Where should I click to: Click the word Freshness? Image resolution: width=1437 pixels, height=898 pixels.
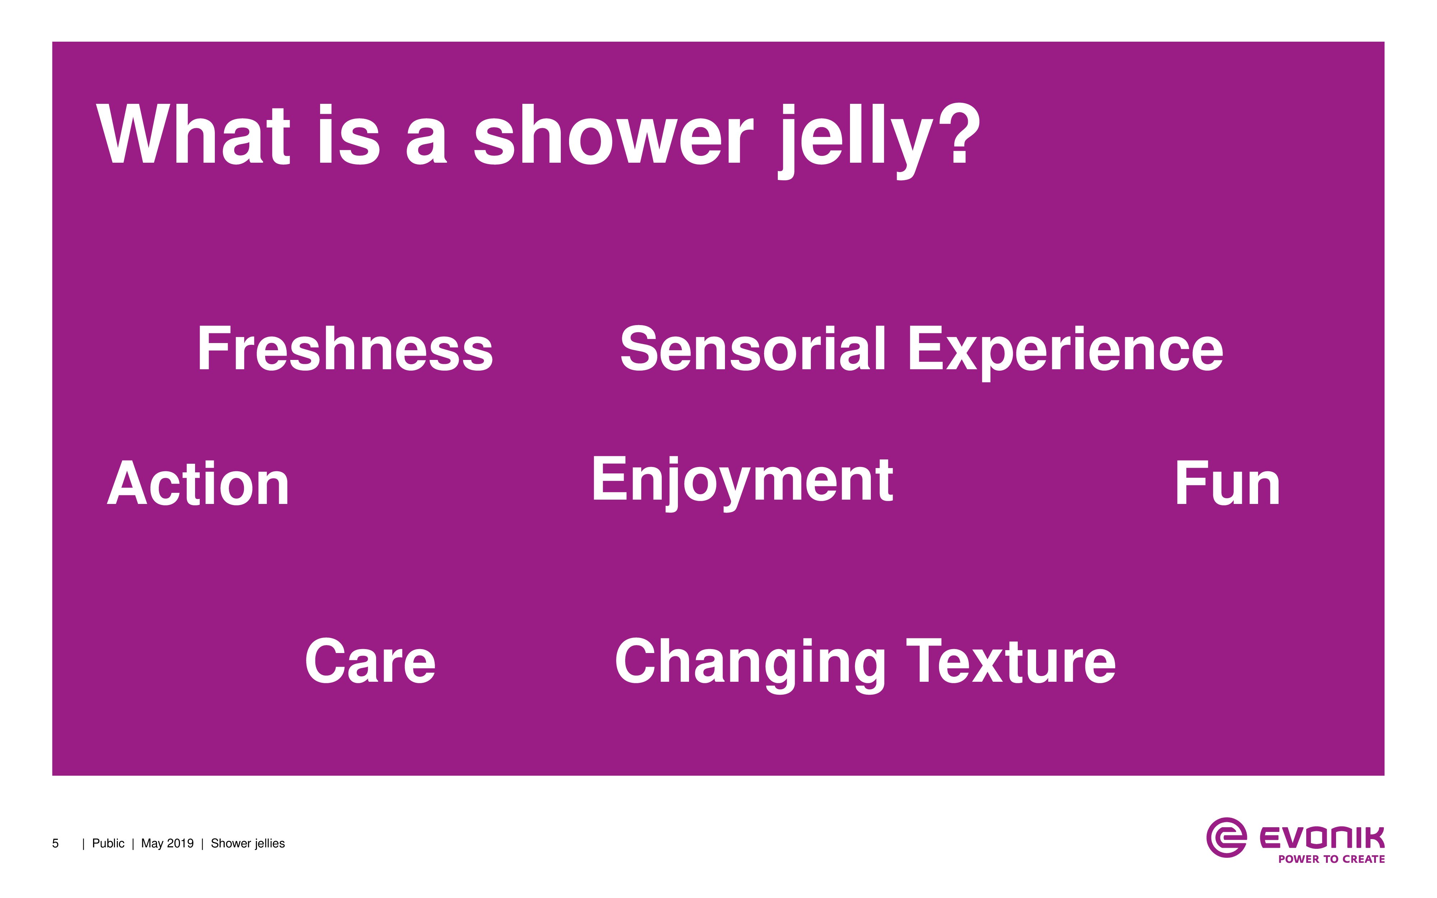coord(345,349)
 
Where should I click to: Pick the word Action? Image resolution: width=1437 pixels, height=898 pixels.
coord(198,484)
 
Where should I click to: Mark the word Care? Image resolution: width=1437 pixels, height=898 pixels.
coord(370,661)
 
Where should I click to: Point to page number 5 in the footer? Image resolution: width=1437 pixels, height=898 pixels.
coord(55,843)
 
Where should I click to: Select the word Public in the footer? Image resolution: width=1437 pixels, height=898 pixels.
coord(108,843)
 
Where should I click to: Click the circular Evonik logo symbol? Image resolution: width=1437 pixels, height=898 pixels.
coord(1226,837)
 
